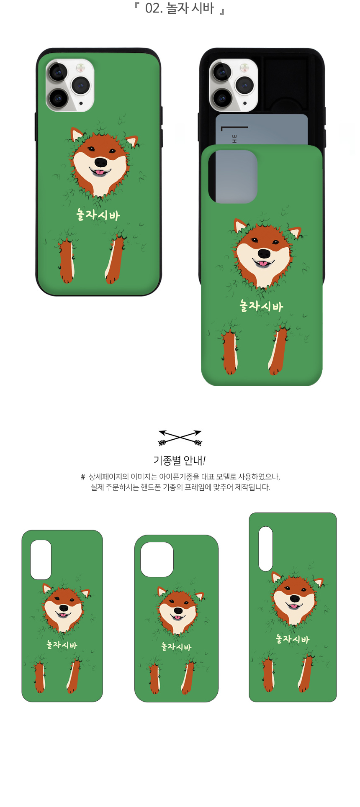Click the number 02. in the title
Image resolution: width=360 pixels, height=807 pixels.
coord(154,8)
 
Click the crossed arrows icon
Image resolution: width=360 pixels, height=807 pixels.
coord(180,438)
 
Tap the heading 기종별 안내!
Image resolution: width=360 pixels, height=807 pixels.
coord(180,460)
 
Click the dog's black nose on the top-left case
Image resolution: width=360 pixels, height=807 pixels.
coord(100,162)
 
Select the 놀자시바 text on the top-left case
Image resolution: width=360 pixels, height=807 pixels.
coord(98,215)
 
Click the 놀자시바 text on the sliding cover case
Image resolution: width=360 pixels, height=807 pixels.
coord(262,306)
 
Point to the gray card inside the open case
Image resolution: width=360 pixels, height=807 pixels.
coord(262,129)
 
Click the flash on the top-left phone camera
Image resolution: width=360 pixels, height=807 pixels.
coord(80,67)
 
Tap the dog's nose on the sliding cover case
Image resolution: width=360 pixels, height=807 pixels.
coord(264,254)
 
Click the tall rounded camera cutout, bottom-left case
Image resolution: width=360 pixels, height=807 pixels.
coord(41,559)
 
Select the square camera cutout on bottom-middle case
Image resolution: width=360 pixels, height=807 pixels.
coord(157,559)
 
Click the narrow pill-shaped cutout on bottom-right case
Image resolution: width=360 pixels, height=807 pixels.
coord(265,548)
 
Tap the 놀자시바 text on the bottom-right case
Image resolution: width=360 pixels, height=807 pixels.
coord(293,639)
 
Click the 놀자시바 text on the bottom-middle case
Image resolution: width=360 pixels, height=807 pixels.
coord(176,647)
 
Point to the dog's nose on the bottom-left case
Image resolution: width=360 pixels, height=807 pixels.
coord(64,608)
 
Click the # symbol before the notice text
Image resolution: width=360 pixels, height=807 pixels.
coord(83,477)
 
